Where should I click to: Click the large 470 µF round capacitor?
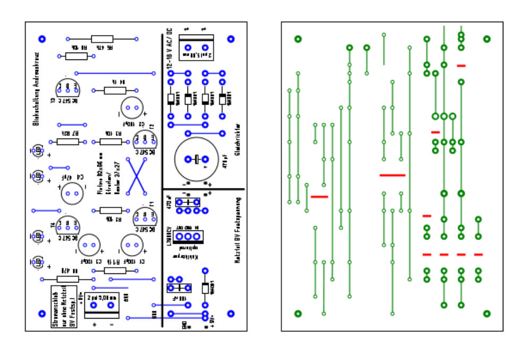pyautogui.click(x=196, y=159)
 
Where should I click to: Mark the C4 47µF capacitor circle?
pyautogui.click(x=72, y=193)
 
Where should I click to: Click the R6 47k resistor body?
pyautogui.click(x=102, y=39)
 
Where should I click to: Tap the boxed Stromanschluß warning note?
pyautogui.click(x=65, y=307)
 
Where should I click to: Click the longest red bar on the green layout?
pyautogui.click(x=392, y=175)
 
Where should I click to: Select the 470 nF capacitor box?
pyautogui.click(x=187, y=202)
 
